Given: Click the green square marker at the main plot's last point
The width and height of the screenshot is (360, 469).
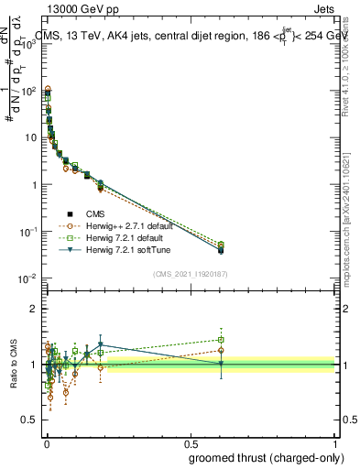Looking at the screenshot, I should tap(221, 245).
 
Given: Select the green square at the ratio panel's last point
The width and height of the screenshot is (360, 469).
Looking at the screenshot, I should tap(221, 339).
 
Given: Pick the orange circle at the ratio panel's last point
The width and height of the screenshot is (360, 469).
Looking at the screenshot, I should tap(221, 350).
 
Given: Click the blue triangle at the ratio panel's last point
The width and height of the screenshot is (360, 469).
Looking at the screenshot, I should tap(221, 364).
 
